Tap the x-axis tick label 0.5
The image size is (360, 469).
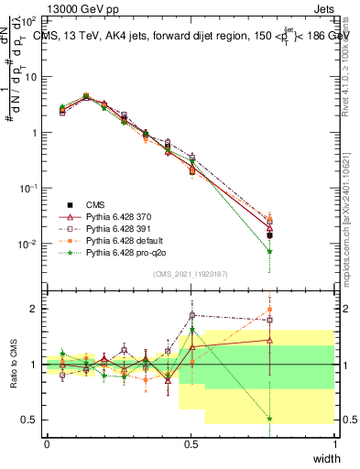click(x=191, y=443)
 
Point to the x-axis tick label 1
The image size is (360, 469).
click(x=334, y=443)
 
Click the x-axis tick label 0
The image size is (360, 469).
click(x=47, y=443)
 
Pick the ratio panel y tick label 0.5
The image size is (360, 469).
click(x=31, y=420)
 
